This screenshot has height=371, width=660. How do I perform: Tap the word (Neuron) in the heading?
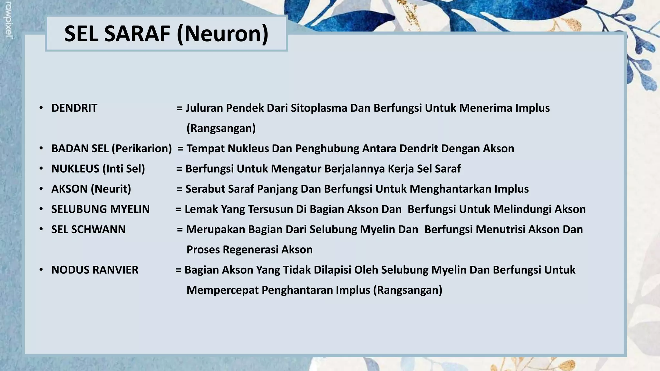(222, 34)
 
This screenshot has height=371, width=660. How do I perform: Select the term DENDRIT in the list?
(74, 108)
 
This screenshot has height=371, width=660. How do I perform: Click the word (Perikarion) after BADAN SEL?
(142, 148)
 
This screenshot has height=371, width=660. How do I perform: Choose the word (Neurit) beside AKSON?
(111, 189)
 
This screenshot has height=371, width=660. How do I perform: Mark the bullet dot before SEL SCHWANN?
(41, 229)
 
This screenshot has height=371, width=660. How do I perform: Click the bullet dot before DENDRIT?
(41, 108)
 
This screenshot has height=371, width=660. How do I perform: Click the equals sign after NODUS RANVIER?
(178, 270)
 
